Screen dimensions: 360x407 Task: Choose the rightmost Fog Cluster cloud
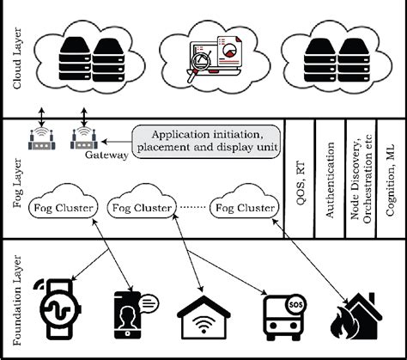pyautogui.click(x=246, y=207)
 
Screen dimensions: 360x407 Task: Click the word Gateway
pyautogui.click(x=107, y=156)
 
